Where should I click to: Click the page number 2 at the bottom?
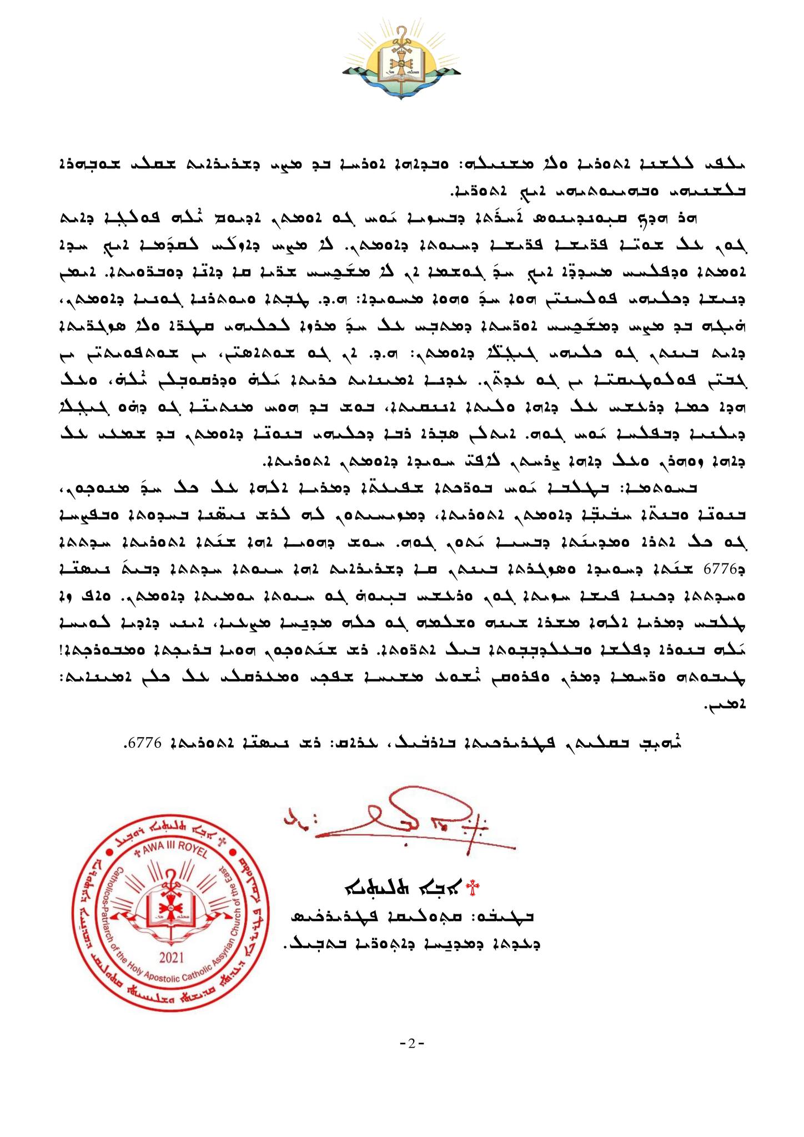click(x=411, y=1043)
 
